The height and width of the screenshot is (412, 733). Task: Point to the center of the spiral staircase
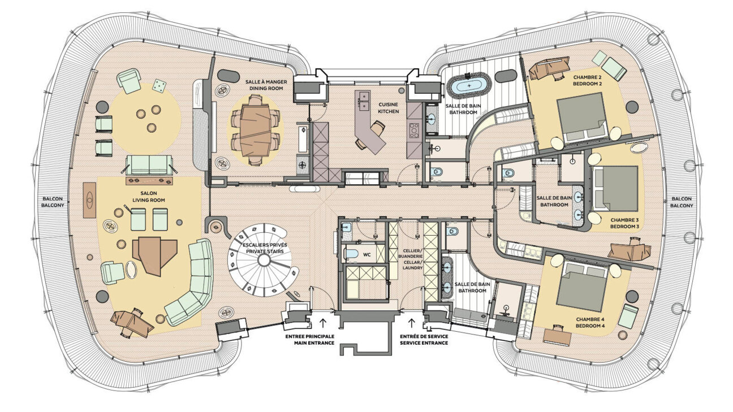(264, 260)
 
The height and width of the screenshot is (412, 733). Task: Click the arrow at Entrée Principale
(323, 323)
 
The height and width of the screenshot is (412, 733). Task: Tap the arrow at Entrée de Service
(411, 323)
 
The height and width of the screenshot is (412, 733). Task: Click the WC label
(367, 255)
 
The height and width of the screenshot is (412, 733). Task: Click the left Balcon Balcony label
(54, 202)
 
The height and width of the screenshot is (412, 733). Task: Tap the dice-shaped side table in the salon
(160, 85)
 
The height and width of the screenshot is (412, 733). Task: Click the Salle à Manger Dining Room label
(266, 85)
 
